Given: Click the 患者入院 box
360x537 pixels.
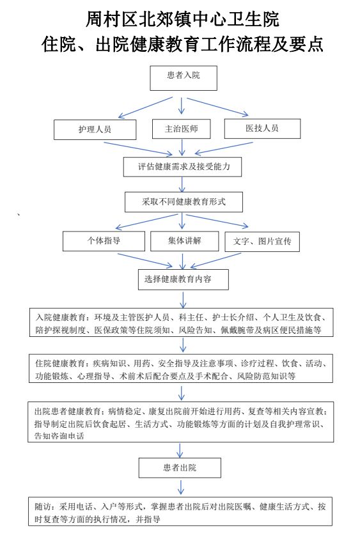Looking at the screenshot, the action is (x=184, y=78).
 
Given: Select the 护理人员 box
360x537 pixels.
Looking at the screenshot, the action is (x=95, y=129).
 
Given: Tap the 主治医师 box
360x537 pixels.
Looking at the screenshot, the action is (x=181, y=128).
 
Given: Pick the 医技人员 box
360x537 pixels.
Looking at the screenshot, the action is (x=262, y=128).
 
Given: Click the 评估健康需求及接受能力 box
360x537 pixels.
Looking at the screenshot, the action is (x=182, y=167).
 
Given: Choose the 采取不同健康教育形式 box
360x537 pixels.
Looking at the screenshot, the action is (x=184, y=202).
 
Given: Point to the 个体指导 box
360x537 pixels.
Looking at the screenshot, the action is (x=104, y=241).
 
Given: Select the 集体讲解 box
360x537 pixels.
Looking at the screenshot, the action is (x=184, y=241).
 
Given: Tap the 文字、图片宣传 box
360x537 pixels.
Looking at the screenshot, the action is (x=262, y=242).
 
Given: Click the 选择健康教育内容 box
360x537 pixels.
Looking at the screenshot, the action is (x=184, y=279).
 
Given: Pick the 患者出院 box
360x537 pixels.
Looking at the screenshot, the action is (x=180, y=468).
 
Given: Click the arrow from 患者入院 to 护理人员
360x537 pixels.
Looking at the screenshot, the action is (x=145, y=107).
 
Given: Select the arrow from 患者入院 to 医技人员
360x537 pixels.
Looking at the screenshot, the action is (x=217, y=107).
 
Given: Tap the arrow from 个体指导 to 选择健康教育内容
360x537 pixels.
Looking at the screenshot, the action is (x=145, y=260).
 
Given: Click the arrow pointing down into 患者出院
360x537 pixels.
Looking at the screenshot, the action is (x=180, y=450).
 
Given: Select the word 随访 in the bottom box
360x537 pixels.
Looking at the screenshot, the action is (x=43, y=506).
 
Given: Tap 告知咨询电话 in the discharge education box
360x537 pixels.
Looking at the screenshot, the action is (x=59, y=436).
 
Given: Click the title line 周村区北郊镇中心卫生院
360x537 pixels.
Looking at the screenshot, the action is (x=182, y=19).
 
